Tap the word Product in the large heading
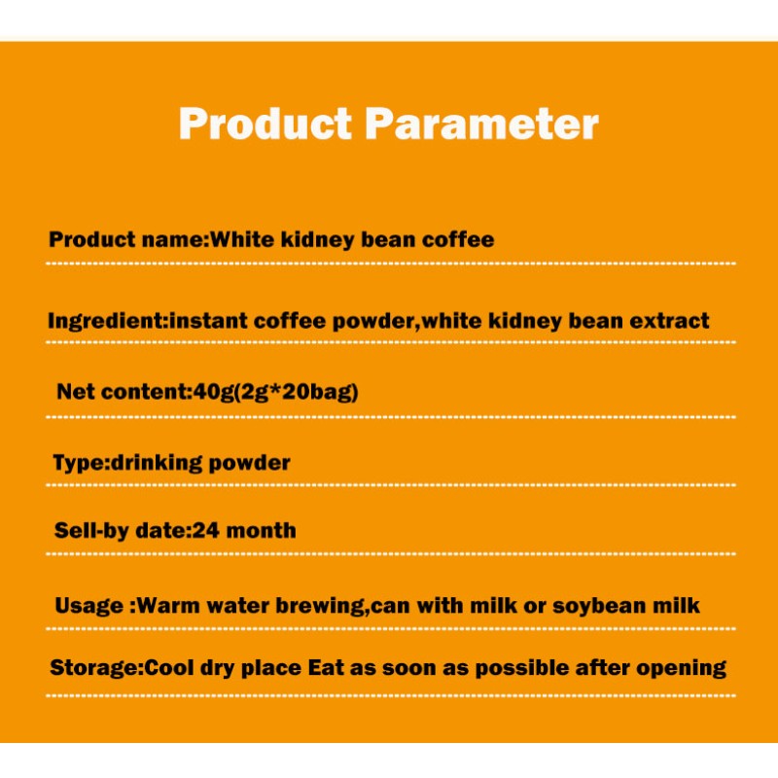[265, 124]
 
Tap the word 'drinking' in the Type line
[151, 463]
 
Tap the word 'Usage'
[89, 606]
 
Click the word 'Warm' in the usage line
[164, 606]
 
